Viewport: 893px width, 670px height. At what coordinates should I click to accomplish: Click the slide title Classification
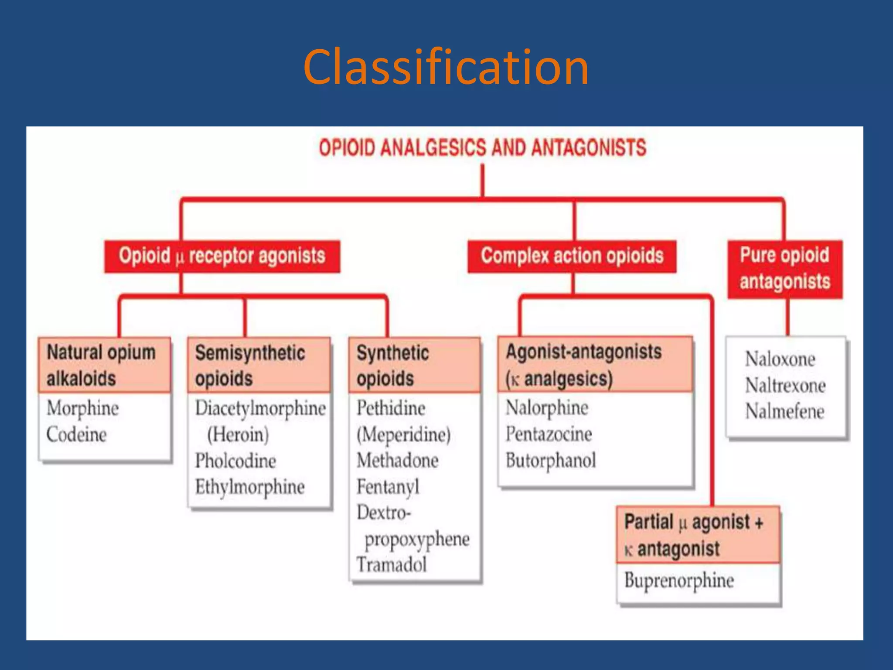coord(446,68)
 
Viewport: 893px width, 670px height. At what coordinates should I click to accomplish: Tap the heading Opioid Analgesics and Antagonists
coord(482,148)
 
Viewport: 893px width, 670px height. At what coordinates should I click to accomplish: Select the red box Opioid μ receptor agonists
coord(222,256)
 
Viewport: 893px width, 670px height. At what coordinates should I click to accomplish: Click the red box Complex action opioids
coord(572,256)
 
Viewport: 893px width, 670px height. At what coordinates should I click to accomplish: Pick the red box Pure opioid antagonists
coord(785,269)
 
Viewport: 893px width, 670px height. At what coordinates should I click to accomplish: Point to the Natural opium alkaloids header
coord(104,365)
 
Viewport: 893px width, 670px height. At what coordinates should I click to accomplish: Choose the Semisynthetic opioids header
coord(258,365)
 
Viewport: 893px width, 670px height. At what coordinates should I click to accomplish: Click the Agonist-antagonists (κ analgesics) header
coord(595,365)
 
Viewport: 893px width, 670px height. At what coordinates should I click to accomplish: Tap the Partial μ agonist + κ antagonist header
coord(697,535)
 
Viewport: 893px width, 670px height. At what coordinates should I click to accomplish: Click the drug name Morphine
coord(82,409)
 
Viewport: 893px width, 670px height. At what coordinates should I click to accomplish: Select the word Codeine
coord(76,435)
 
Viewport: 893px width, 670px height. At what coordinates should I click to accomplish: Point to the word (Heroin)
coord(238,435)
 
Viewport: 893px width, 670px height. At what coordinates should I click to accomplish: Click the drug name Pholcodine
coord(235,461)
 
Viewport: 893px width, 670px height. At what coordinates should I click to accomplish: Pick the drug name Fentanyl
coord(388,487)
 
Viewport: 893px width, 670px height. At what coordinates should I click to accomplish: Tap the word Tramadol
coord(391,565)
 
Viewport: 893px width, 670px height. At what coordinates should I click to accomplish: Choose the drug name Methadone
coord(397,461)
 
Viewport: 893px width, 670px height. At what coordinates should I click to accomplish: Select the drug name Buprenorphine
coord(679,581)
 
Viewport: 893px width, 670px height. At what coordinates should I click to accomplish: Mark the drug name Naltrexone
coord(785,386)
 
